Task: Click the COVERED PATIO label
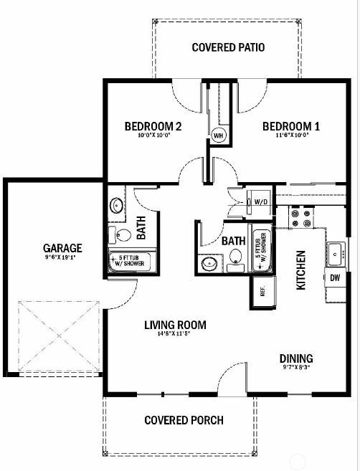[x=229, y=48]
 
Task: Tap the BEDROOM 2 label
[x=153, y=127]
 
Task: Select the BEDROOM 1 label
[x=290, y=127]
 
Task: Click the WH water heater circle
[x=218, y=134]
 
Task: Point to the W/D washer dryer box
[x=260, y=202]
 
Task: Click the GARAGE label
[x=62, y=249]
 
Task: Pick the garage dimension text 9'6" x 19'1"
[x=62, y=258]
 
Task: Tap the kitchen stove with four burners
[x=299, y=217]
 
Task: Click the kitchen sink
[x=335, y=252]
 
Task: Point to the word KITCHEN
[x=302, y=270]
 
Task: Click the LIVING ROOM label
[x=175, y=325]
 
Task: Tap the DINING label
[x=295, y=358]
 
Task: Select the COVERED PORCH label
[x=184, y=420]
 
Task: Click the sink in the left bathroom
[x=117, y=206]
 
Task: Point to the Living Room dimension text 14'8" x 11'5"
[x=175, y=335]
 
